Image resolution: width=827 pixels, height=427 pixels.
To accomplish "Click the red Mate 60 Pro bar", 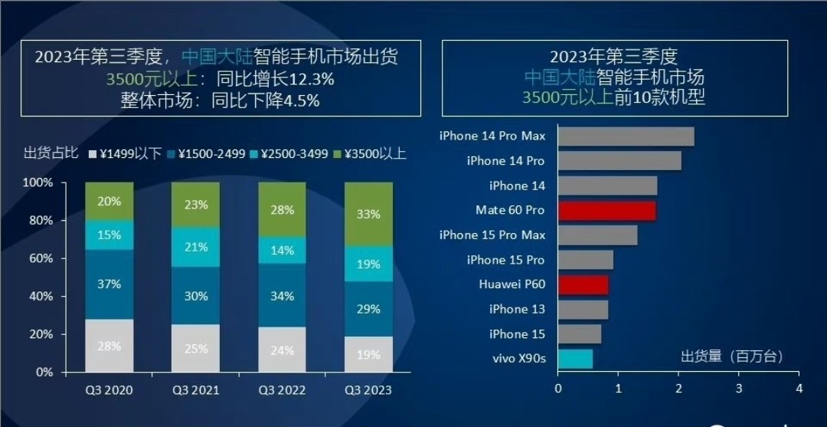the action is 607,210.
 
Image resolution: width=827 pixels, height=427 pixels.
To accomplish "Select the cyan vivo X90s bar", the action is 575,359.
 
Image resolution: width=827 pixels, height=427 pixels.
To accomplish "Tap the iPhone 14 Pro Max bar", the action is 626,136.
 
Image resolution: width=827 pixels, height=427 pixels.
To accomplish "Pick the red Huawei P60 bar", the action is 583,284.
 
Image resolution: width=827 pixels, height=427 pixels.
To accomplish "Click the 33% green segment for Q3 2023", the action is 368,215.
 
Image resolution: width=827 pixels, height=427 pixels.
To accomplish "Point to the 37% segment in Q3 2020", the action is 110,284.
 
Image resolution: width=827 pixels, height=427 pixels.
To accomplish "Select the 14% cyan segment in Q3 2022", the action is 282,250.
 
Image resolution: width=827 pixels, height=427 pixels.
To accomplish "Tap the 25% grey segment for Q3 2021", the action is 196,348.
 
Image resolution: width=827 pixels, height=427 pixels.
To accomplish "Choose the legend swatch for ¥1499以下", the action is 93,154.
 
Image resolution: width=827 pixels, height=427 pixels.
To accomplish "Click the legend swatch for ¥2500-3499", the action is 253,154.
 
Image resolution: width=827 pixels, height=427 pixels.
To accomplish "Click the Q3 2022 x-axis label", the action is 282,390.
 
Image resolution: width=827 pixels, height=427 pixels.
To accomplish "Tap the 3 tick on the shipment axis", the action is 739,389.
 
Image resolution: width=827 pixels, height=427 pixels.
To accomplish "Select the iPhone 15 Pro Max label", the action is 492,235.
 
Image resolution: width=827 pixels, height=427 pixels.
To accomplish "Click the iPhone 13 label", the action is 517,309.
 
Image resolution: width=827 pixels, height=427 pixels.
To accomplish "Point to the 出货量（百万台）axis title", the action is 732,356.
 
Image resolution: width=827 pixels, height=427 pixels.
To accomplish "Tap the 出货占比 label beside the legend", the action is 51,153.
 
